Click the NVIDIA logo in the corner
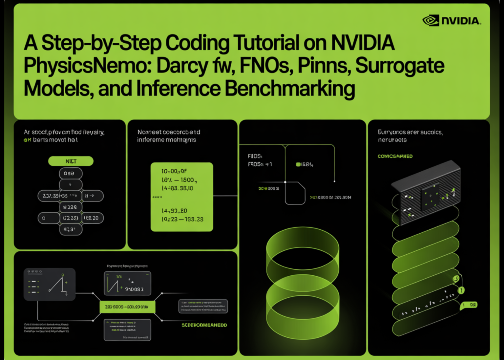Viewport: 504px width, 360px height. (451, 21)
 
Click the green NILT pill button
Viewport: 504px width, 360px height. (71, 161)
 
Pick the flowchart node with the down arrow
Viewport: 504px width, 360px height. (71, 184)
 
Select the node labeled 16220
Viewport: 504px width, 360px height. (92, 218)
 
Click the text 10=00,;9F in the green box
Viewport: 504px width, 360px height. (174, 171)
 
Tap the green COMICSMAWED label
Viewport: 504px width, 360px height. (395, 156)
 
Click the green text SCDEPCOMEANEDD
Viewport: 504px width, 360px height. (204, 325)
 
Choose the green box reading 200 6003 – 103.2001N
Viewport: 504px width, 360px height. (127, 307)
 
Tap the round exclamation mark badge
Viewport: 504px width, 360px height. (461, 290)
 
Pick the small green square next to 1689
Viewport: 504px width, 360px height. (298, 164)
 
